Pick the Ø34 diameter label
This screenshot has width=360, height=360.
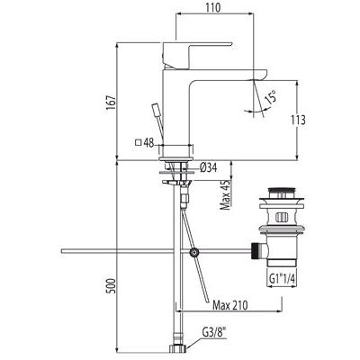[209, 166]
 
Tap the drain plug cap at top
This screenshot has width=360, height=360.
[285, 192]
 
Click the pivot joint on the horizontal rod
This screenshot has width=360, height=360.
[193, 252]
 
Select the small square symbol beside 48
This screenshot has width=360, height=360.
[137, 142]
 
